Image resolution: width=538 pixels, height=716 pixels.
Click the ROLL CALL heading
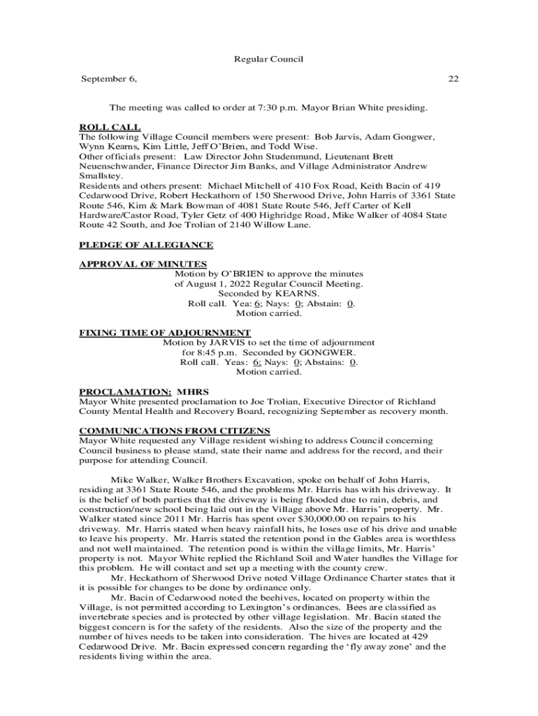110,127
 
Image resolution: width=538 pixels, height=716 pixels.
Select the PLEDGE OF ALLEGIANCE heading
146,245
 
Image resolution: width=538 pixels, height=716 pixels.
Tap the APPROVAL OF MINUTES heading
143,264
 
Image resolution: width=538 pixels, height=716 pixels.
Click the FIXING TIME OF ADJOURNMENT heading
165,332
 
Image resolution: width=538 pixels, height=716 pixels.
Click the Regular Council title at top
268,59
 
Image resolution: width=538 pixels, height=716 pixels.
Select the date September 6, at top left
109,78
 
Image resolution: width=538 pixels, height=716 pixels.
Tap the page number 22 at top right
453,78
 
